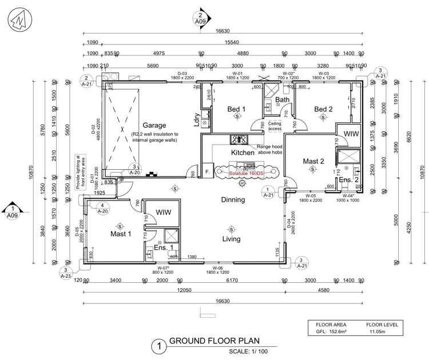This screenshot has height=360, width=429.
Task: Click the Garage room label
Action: pyautogui.click(x=154, y=125)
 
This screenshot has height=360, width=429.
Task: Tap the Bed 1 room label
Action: pyautogui.click(x=236, y=109)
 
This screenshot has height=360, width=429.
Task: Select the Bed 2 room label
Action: pyautogui.click(x=323, y=109)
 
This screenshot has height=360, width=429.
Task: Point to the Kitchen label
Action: pyautogui.click(x=243, y=153)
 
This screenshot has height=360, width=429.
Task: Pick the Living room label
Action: pyautogui.click(x=231, y=239)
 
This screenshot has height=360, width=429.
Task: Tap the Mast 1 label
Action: pyautogui.click(x=121, y=234)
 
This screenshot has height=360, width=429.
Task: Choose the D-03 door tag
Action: pyautogui.click(x=182, y=74)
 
